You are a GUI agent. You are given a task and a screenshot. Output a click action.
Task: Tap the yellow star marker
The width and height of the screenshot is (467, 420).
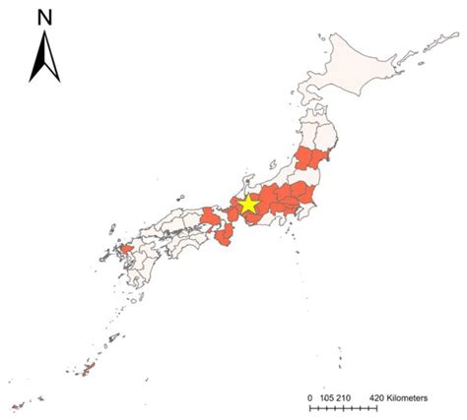coord(247,204)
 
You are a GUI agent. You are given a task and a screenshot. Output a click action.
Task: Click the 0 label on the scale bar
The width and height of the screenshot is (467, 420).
coord(309,396)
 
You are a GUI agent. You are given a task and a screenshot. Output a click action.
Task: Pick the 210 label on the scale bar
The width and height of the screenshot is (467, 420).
coord(344,396)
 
